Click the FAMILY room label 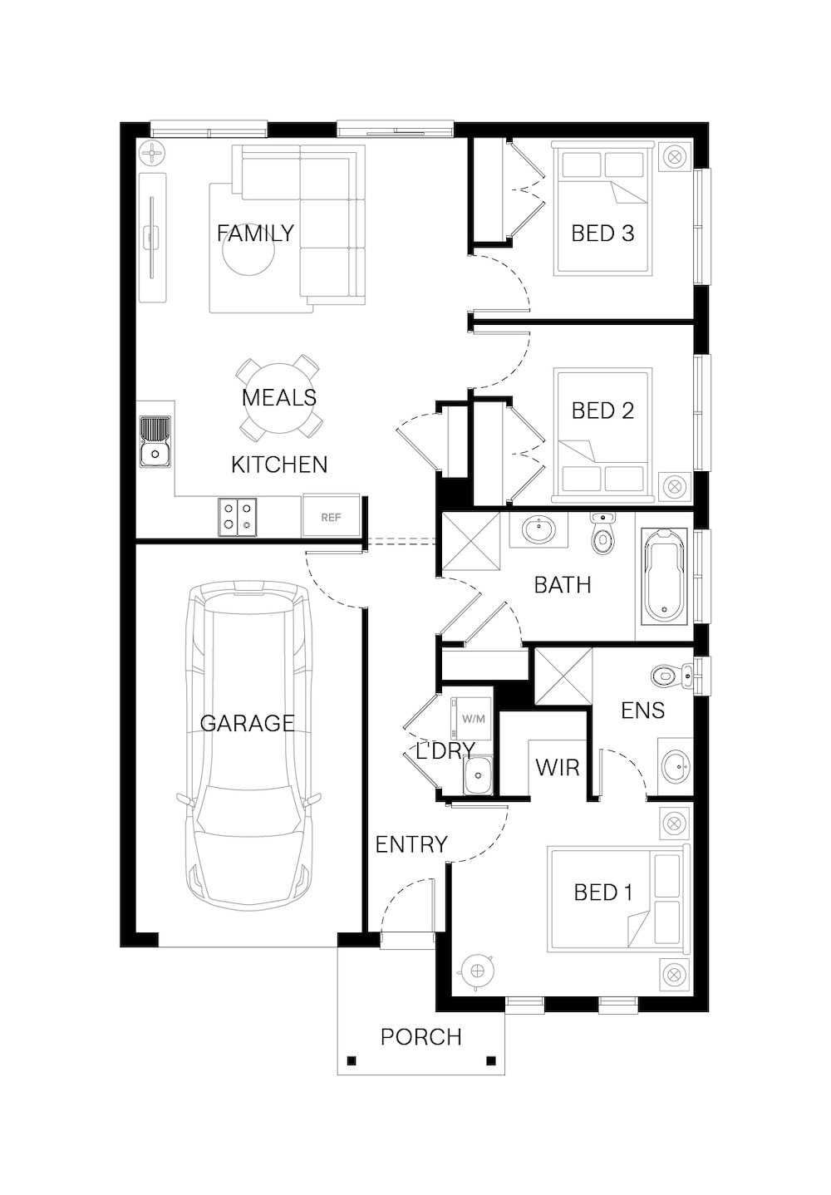click(x=255, y=234)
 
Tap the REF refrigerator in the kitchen click(x=331, y=515)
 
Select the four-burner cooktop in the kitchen click(x=237, y=517)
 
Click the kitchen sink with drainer click(x=155, y=442)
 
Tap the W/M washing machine click(x=471, y=719)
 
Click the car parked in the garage click(x=248, y=745)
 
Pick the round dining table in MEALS click(x=278, y=398)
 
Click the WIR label click(x=557, y=768)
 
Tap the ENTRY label click(x=411, y=844)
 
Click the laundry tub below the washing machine click(x=478, y=775)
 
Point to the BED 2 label click(x=602, y=411)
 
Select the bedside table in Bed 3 click(x=675, y=157)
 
